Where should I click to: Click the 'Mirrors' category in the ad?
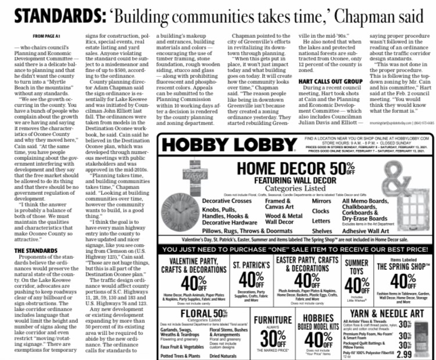point(321,201)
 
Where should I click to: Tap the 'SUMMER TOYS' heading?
point(357,267)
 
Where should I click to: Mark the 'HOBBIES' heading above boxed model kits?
point(319,316)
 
